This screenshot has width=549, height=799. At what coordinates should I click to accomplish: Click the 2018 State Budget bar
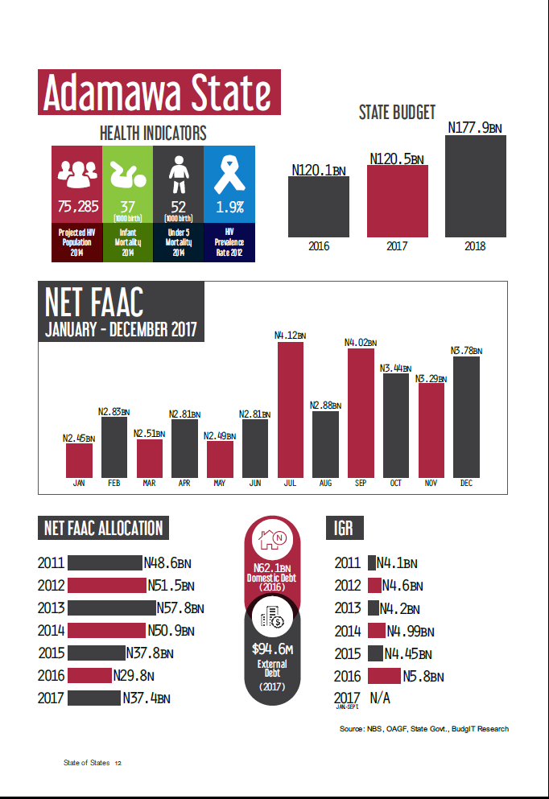[476, 187]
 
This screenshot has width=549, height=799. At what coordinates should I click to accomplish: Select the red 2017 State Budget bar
[398, 201]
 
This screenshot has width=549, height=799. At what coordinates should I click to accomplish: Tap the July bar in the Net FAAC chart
[291, 409]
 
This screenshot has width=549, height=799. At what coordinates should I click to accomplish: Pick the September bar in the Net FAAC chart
[361, 412]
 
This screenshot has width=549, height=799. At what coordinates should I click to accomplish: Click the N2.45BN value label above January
[79, 439]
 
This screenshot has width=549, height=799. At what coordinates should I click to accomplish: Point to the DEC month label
[466, 484]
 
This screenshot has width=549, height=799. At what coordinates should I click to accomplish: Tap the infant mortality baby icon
[127, 172]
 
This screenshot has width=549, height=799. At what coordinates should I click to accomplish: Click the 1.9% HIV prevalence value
[229, 207]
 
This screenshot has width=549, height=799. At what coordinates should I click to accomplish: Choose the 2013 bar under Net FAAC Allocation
[111, 607]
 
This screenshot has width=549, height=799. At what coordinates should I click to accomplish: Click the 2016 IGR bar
[383, 676]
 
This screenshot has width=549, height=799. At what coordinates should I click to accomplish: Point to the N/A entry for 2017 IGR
[380, 698]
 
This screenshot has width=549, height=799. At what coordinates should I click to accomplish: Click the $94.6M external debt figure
[271, 648]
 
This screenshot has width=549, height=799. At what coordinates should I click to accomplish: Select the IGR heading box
[344, 528]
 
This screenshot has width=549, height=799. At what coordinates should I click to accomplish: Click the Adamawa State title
[159, 92]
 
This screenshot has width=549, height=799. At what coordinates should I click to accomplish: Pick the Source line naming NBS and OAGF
[424, 729]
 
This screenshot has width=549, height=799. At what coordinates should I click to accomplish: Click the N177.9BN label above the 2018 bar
[475, 127]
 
